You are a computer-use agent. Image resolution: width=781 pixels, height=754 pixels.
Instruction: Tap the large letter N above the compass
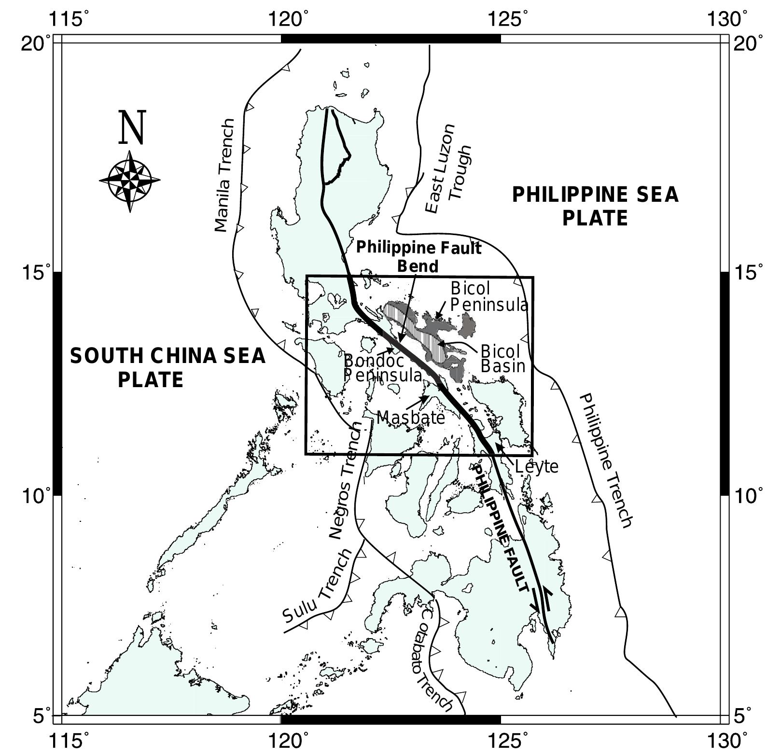coord(132,127)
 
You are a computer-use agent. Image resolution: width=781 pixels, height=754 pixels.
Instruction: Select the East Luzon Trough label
coord(448,168)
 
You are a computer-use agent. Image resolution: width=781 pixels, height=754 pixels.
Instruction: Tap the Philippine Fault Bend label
coord(418,257)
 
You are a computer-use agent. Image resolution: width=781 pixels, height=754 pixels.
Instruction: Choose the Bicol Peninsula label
coord(489,296)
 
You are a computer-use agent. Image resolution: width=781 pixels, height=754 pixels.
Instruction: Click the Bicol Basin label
coord(503,358)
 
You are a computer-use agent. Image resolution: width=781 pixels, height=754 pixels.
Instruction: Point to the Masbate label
coord(410,417)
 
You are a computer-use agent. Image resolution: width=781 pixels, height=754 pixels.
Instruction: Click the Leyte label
coord(536,467)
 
